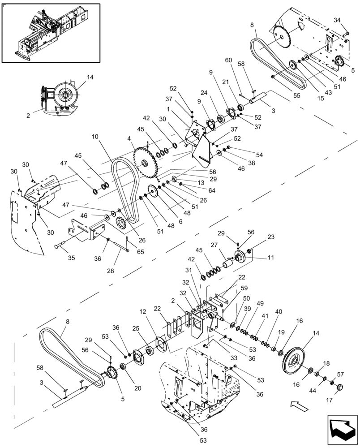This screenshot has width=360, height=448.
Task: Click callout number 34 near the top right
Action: pos(337,20)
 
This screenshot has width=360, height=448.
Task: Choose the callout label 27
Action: pos(214,245)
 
